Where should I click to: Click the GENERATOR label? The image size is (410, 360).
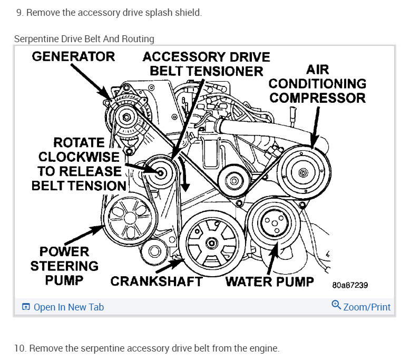(x=73, y=56)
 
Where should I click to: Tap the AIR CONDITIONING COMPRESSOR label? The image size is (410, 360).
(x=317, y=83)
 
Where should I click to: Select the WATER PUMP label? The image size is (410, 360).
(x=269, y=281)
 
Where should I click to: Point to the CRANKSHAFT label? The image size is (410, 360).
(x=156, y=281)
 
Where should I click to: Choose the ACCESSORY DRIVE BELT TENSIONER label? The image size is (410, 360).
(x=206, y=63)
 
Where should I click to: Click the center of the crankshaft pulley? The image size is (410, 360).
(x=211, y=243)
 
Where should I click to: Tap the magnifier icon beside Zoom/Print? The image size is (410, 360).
(x=336, y=305)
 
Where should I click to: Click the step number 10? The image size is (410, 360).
(x=20, y=348)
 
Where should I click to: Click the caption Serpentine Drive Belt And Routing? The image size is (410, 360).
(x=84, y=39)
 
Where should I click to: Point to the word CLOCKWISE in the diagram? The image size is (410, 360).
(x=79, y=157)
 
